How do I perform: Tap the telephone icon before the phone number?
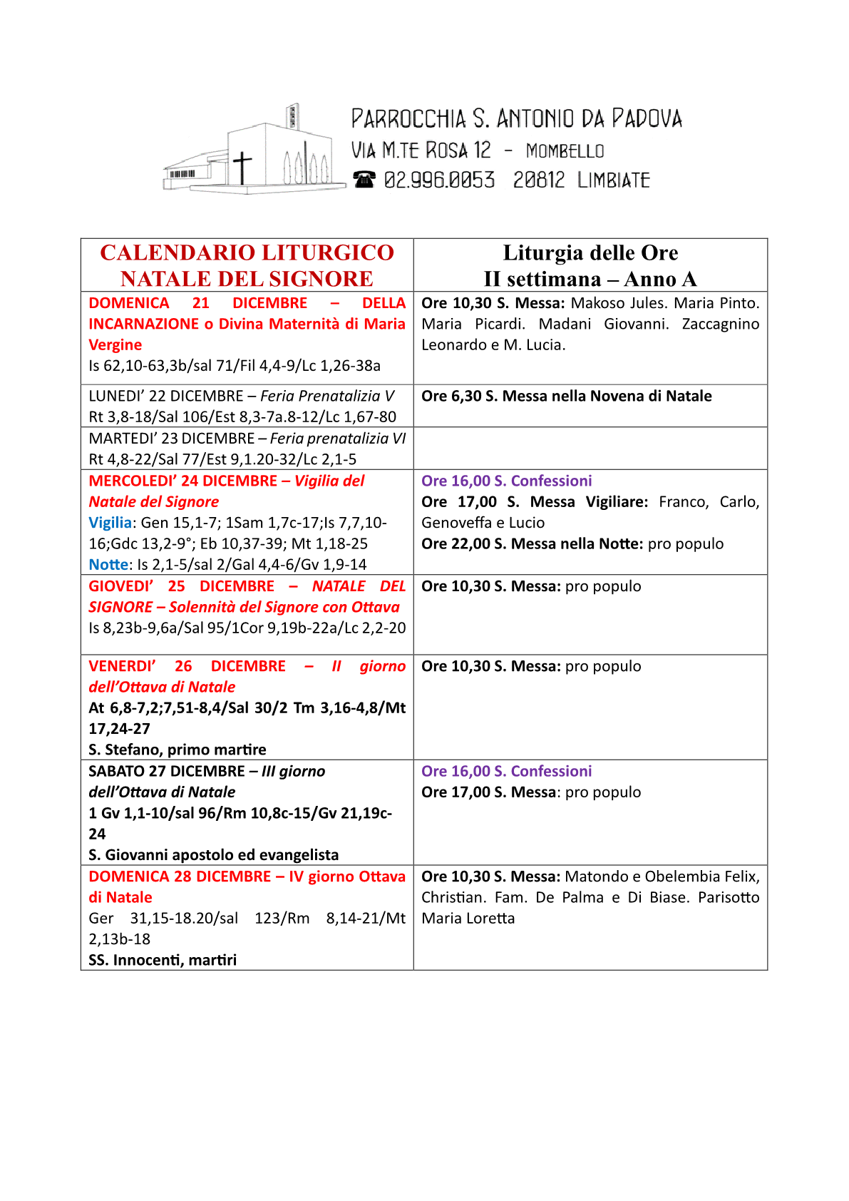point(364,179)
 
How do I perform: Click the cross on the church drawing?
point(242,167)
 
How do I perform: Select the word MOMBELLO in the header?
point(565,151)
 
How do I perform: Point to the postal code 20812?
point(538,180)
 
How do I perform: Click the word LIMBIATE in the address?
point(614,180)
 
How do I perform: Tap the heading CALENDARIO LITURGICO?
point(247,252)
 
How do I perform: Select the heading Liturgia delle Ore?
point(590,252)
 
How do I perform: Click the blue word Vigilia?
point(110,523)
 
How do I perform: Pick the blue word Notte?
point(108,565)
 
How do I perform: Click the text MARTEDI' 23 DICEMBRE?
point(171,439)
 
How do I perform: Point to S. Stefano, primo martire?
point(177,750)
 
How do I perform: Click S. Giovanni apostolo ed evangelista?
point(213,854)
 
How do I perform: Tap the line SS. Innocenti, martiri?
point(163,960)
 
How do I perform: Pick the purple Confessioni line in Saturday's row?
point(506,771)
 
